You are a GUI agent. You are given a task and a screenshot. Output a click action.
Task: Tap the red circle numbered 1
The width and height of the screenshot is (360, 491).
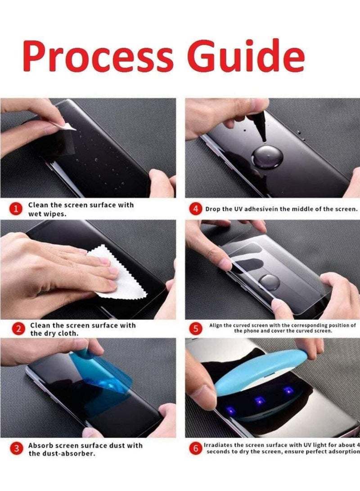[17, 209]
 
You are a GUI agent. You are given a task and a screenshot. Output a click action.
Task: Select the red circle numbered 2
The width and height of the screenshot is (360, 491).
[18, 329]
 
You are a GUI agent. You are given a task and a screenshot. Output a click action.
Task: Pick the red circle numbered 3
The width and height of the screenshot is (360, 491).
[17, 449]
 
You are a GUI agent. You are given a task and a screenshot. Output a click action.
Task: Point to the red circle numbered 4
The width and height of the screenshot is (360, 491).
[195, 209]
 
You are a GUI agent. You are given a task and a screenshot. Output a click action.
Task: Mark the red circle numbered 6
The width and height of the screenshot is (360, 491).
[195, 448]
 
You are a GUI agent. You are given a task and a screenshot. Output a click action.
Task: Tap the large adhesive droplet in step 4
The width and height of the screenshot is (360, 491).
[267, 157]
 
